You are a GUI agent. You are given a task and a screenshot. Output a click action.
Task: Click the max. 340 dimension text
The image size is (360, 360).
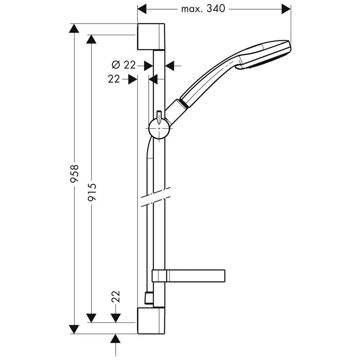coord(203,9)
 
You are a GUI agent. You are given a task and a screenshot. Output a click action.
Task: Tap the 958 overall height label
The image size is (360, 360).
coord(75,174)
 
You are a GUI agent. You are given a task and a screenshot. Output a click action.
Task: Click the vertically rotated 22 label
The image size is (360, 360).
coord(116,296)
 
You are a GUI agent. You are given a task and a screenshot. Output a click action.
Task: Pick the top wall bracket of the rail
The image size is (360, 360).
coord(151,37)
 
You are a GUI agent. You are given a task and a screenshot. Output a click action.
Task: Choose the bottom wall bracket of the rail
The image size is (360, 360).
coord(151,320)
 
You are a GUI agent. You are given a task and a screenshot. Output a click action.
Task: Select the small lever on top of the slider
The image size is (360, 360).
coord(159,116)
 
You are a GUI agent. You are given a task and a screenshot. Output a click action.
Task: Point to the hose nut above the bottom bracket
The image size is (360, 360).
coord(148,298)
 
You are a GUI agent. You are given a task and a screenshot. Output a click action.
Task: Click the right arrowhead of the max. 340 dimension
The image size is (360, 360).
coord(286,9)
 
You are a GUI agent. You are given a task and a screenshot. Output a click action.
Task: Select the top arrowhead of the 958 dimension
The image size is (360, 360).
coord(74,28)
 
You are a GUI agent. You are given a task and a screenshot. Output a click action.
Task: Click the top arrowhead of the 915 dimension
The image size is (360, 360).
coord(92,39)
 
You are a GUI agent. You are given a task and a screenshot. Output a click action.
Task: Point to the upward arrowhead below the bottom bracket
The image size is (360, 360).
coord(115,339)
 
